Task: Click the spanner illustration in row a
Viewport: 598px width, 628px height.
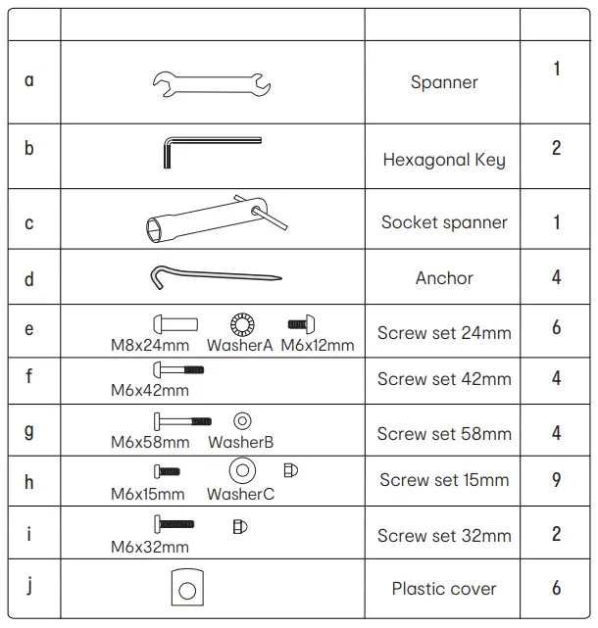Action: [212, 84]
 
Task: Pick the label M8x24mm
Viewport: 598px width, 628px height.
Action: [150, 345]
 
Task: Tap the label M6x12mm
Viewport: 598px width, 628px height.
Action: [317, 345]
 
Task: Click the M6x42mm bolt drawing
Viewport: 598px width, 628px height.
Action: [178, 370]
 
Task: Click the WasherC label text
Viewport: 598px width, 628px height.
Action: [240, 495]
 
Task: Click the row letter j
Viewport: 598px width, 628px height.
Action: [29, 586]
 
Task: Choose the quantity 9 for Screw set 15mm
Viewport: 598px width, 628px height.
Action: [556, 479]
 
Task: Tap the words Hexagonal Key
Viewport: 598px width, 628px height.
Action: [444, 160]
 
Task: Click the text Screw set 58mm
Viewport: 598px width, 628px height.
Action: [444, 434]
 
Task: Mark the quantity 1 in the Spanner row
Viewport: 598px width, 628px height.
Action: [556, 70]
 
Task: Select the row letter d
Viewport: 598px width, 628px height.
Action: [29, 278]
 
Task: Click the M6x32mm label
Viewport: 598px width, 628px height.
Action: [150, 547]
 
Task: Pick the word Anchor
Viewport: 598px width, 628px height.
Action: [444, 278]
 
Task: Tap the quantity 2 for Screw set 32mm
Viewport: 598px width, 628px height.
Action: [556, 534]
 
